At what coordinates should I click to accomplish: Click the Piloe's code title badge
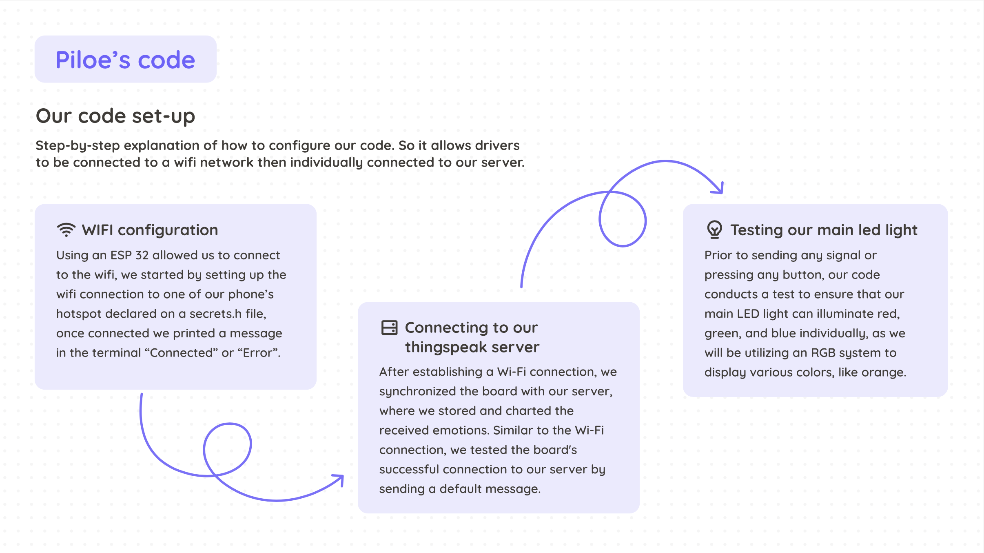point(125,60)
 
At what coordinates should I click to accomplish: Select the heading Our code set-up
point(115,116)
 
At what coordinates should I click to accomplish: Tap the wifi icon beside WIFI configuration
point(66,230)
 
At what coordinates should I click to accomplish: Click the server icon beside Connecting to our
point(389,328)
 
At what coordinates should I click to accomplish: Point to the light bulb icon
point(714,230)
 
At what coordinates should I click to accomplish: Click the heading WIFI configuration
point(150,230)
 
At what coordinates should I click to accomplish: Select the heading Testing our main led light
point(824,230)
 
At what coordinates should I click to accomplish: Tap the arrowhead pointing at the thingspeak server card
point(339,479)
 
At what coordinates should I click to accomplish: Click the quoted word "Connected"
point(182,353)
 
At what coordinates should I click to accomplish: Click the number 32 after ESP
point(142,255)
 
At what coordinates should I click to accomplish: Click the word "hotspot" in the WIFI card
point(78,314)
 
